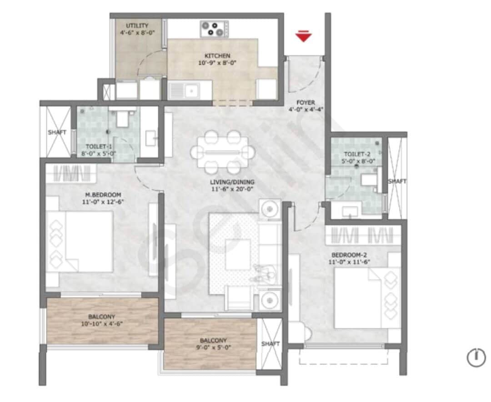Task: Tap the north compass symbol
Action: (x=476, y=357)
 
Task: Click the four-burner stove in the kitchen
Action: (x=214, y=29)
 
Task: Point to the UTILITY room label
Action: (x=137, y=25)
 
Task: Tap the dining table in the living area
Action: (x=223, y=152)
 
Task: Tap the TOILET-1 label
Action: (x=99, y=146)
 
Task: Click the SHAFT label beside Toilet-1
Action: (x=57, y=132)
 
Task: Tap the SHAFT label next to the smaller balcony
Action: (x=270, y=344)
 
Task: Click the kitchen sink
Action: (x=190, y=90)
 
